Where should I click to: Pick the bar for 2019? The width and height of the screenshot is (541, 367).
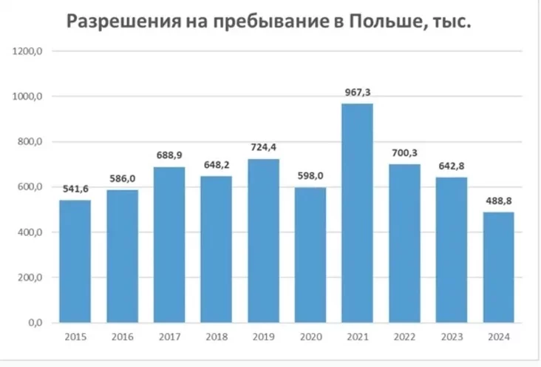[263, 240]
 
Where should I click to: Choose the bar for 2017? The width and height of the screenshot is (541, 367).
[169, 245]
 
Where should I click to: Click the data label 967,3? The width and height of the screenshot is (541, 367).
[357, 91]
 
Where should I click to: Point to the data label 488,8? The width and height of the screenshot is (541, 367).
[498, 201]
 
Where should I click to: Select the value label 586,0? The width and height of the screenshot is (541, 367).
[122, 178]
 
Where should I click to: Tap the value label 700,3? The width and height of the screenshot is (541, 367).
[404, 152]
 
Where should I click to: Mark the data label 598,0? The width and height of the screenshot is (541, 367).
[310, 175]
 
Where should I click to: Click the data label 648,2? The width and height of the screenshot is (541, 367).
[216, 164]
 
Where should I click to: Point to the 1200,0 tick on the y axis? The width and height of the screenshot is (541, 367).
[30, 51]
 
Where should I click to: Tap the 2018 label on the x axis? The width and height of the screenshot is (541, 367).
[216, 337]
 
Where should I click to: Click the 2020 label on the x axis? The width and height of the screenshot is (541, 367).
[310, 337]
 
